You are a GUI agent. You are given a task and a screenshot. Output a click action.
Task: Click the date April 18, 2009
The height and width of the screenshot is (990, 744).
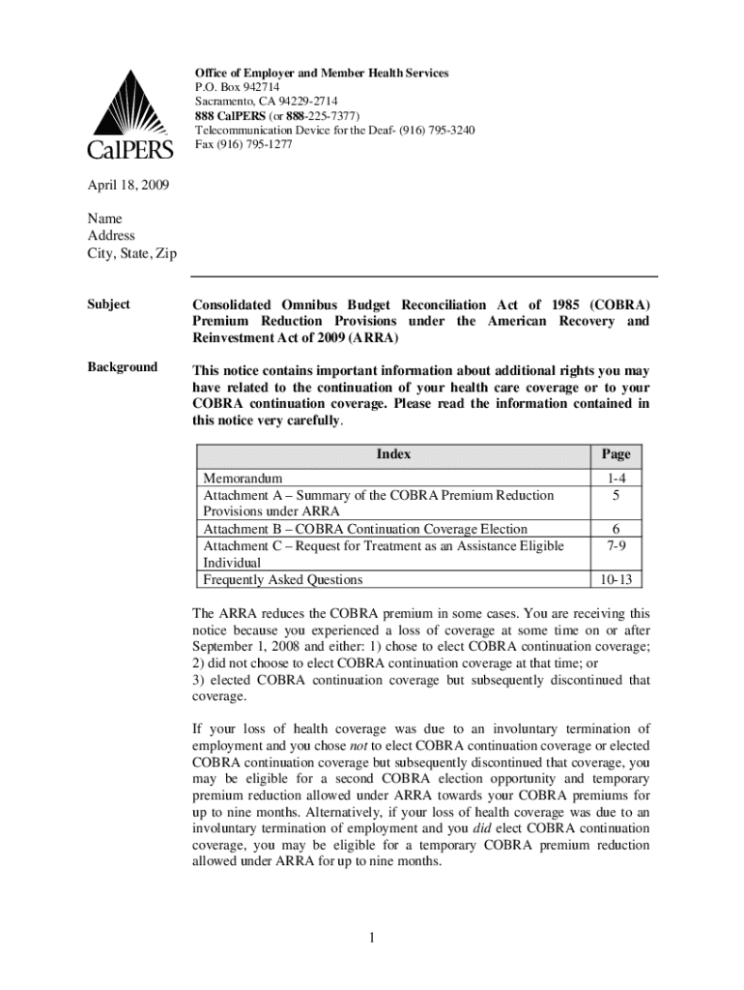click(x=129, y=184)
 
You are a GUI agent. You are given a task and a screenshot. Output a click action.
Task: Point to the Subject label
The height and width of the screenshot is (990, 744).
click(x=109, y=305)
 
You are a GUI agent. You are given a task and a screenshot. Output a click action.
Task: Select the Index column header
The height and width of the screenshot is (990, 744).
click(x=393, y=454)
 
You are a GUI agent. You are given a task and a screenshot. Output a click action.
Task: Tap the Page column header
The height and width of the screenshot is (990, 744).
click(x=615, y=454)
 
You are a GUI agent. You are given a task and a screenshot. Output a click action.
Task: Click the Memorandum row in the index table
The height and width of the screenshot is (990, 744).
click(x=243, y=479)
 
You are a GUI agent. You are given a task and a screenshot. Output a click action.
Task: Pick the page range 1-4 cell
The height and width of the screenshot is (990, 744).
click(x=615, y=479)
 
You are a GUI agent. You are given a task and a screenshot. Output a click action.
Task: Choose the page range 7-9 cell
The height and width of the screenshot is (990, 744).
click(x=615, y=546)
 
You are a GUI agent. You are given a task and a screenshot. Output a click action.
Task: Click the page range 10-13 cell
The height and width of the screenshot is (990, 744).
click(x=615, y=580)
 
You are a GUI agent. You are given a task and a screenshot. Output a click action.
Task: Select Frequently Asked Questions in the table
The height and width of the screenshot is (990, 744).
click(x=282, y=580)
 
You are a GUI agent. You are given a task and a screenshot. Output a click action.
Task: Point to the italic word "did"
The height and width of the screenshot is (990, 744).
click(x=484, y=829)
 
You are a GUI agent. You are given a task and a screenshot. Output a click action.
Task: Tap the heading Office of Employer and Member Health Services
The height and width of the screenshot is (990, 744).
click(x=322, y=73)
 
